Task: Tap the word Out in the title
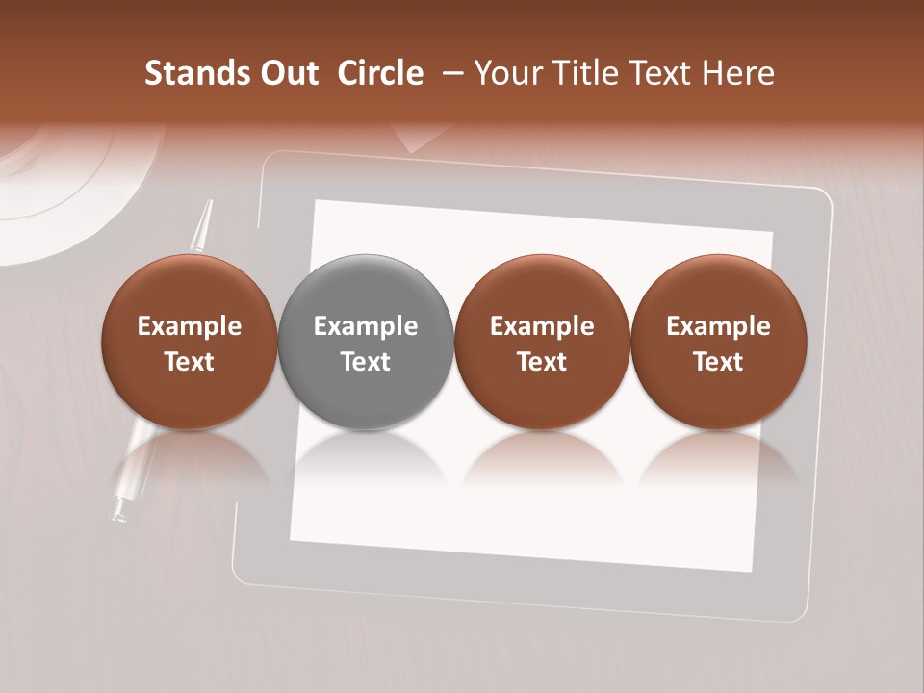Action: (286, 73)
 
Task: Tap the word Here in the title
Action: (737, 73)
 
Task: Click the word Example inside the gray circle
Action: (366, 326)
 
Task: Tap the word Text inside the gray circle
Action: (366, 362)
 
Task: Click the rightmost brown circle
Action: (718, 342)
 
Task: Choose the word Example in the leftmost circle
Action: (190, 326)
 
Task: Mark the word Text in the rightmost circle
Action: (718, 362)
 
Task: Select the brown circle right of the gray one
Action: (542, 342)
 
